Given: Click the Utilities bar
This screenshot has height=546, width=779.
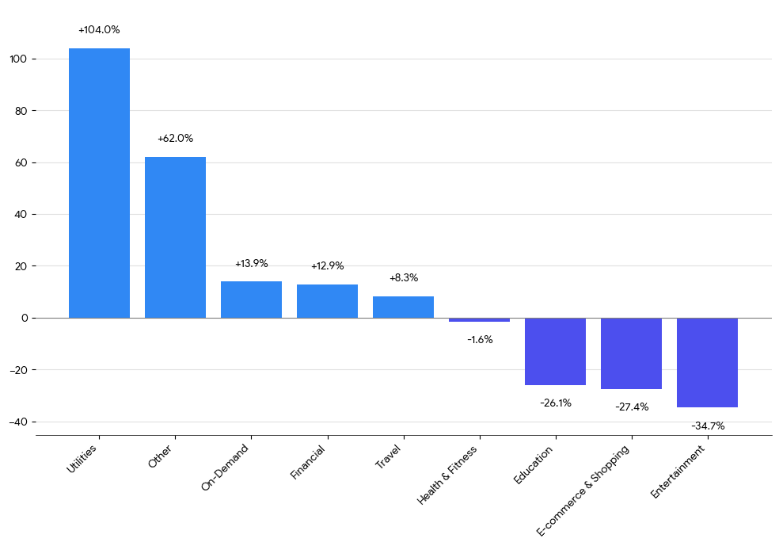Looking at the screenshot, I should [99, 183].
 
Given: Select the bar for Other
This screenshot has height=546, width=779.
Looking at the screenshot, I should [175, 237].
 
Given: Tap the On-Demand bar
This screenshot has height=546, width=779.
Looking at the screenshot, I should [251, 300].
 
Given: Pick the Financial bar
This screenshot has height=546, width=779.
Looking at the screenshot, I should [327, 301].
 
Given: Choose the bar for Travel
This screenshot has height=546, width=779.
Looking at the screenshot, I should [403, 307].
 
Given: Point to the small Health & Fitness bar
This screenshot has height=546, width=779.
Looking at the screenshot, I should [479, 320].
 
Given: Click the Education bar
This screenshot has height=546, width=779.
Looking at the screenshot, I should [555, 351].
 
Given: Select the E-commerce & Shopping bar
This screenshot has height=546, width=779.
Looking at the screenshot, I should [631, 353].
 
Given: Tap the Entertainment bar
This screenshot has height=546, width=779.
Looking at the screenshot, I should [707, 363].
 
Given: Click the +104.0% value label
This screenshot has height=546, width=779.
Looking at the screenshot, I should [99, 30].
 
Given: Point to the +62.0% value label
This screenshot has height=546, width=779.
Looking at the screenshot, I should [175, 139].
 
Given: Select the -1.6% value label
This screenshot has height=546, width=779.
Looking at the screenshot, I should [480, 340].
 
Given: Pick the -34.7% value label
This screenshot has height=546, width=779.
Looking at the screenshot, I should [708, 426].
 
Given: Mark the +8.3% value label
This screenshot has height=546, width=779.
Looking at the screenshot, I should [404, 278].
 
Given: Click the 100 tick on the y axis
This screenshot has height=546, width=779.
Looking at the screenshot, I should [19, 59].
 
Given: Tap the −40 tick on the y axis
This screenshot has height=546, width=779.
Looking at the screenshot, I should [18, 422].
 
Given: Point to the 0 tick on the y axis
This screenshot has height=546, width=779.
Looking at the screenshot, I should [25, 318].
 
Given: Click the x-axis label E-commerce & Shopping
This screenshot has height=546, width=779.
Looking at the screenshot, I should [583, 490].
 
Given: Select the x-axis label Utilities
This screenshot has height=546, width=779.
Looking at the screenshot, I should [82, 459].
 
